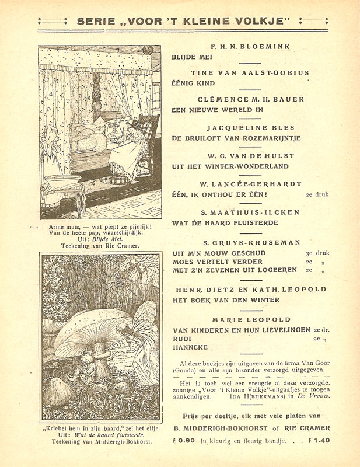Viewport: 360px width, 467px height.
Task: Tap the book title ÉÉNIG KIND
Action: pos(193,83)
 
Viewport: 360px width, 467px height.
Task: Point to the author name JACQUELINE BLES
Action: pos(251,127)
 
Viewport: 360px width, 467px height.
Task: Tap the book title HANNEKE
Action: pos(190,347)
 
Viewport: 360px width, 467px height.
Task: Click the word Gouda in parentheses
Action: pos(187,372)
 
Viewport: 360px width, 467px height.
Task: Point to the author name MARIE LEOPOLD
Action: pos(251,320)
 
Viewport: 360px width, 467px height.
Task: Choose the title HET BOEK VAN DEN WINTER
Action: pos(225,300)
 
